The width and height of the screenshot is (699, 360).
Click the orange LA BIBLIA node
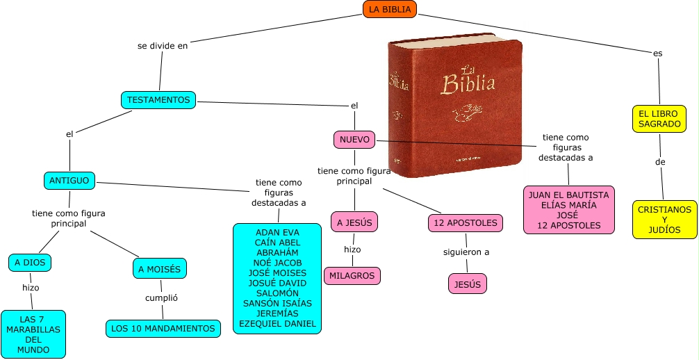coord(389,9)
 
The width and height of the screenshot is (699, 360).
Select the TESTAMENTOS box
coord(158,100)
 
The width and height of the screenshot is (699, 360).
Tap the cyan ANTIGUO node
coord(69,181)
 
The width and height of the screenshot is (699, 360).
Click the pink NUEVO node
coord(354,140)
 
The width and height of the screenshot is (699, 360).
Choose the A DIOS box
coord(30,263)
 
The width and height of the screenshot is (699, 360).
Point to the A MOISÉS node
coord(160,269)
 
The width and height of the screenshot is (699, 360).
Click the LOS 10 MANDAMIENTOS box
coord(163,328)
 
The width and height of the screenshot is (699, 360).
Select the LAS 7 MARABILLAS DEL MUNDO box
coord(33,334)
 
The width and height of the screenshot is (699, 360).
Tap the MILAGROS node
coord(352,276)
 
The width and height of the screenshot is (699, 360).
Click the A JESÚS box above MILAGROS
coord(354,222)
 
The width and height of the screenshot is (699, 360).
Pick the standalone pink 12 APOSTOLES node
coord(465,222)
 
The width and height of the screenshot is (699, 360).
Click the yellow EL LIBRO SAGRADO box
coord(659,118)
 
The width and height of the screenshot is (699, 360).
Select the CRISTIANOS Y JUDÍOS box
coord(664,219)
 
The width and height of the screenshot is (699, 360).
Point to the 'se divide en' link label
coord(163,46)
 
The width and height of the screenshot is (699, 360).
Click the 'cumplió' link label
coord(161,297)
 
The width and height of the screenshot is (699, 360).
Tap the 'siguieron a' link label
coord(466,252)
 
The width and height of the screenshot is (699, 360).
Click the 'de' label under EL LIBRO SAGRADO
coord(660,162)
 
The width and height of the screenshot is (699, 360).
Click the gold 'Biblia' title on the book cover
coord(468,83)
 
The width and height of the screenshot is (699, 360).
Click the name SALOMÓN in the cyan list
coord(277,293)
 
